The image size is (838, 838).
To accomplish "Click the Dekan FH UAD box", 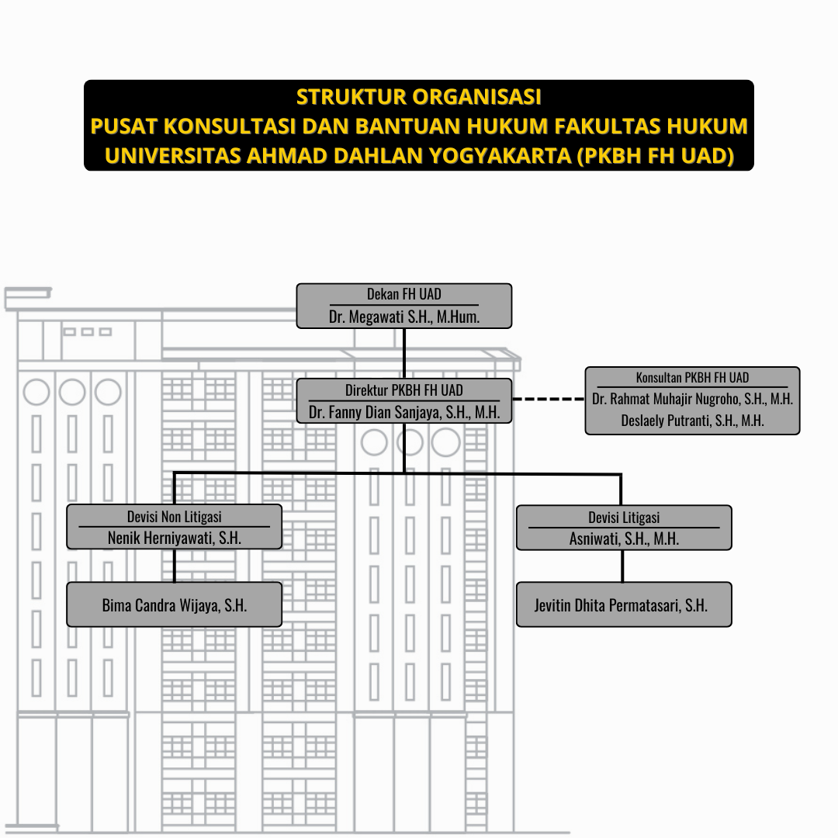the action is [404, 306].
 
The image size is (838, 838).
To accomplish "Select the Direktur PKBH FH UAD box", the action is [404, 401].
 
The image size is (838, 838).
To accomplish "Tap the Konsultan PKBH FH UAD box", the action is [693, 400].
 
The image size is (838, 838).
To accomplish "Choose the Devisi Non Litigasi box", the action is [175, 526].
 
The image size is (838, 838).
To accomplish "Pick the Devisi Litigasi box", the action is [624, 528].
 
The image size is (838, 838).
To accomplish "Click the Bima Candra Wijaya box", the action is [175, 604].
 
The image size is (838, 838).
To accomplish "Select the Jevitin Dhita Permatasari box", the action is [624, 604].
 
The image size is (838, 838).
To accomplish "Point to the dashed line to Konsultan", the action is [549, 399].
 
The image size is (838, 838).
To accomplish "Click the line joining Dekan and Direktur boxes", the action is [404, 353].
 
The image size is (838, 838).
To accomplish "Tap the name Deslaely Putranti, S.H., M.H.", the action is [692, 421].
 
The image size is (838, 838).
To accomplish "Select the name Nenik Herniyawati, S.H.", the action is [175, 538].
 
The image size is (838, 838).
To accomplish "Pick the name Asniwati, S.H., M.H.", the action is [624, 538].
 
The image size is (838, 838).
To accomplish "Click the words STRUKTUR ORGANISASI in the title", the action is [419, 97].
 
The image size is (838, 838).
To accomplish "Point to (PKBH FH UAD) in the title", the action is [655, 155].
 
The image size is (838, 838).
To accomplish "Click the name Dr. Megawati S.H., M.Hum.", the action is [404, 317].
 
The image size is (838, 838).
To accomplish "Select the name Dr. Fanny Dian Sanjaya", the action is [376, 412].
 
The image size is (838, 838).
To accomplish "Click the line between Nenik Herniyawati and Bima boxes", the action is [175, 566].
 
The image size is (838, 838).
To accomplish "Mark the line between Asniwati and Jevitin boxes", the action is [622, 566].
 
